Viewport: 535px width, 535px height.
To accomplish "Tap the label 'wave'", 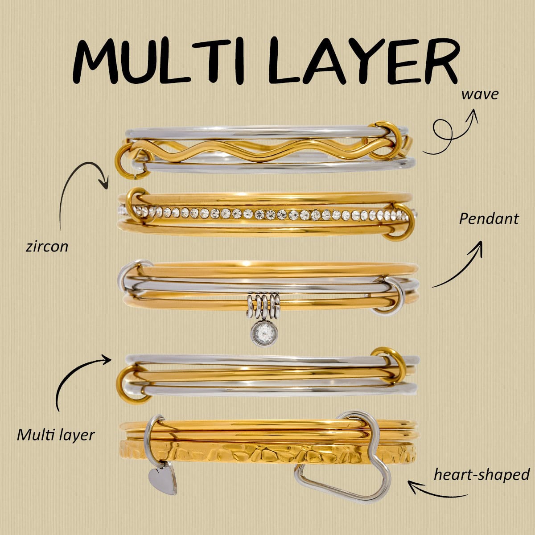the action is (480, 95).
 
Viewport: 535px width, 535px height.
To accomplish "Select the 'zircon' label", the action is (47, 247).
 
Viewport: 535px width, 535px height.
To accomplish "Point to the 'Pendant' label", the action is (489, 219).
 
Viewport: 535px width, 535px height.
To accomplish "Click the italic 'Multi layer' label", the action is (56, 435).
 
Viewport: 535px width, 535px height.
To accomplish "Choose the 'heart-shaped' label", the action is (481, 474).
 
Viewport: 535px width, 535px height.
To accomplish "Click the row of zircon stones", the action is (267, 214).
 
